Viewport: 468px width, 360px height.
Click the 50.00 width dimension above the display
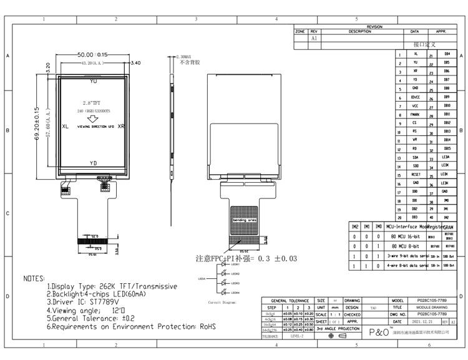[x=93, y=55]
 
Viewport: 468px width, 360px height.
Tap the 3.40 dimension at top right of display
[x=137, y=63]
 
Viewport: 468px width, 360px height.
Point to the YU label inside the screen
[x=94, y=82]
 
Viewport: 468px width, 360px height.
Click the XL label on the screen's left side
[x=65, y=126]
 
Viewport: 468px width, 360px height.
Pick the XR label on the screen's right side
[x=122, y=126]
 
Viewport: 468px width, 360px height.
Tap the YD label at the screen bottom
[x=94, y=163]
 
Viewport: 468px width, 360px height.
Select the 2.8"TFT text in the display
[x=93, y=101]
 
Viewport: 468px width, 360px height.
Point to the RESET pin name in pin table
[x=416, y=175]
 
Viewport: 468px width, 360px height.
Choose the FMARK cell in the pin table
[x=416, y=115]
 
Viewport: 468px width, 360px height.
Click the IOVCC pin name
[x=416, y=98]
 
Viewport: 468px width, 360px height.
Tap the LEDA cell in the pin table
[x=446, y=157]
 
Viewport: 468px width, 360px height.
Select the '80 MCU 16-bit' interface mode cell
[x=406, y=237]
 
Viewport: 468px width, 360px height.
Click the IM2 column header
[x=354, y=227]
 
